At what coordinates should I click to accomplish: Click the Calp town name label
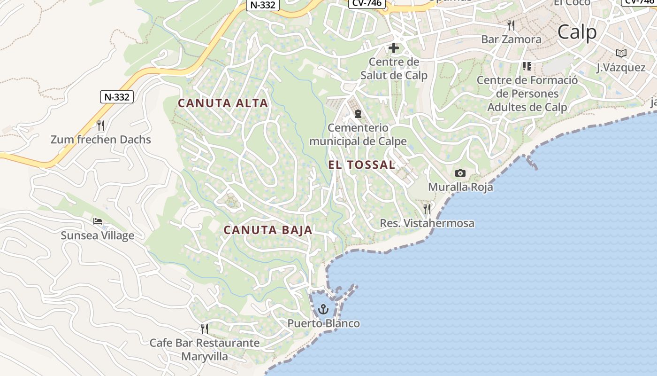pos(577,32)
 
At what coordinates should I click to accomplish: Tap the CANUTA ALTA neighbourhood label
pos(223,103)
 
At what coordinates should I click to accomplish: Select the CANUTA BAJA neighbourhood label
pos(268,230)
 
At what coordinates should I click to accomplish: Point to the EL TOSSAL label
pos(361,164)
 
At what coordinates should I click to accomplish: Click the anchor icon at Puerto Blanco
pos(323,309)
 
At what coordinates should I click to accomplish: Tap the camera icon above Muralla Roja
pos(460,173)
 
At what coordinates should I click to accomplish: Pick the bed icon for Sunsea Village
pos(98,221)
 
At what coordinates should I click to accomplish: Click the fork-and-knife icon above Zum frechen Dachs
pos(100,125)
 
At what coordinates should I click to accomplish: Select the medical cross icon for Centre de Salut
pos(394,47)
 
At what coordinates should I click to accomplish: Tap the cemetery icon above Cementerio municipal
pos(358,114)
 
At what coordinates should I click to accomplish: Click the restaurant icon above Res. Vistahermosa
pos(427,209)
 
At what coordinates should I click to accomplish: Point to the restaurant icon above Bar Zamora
pos(511,25)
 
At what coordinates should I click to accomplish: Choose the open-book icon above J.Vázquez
pos(621,53)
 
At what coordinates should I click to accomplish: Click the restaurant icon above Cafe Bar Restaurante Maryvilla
pos(205,329)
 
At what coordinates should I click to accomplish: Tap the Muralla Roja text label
pos(460,187)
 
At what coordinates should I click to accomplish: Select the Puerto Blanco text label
pos(323,323)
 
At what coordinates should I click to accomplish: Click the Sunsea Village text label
pos(98,235)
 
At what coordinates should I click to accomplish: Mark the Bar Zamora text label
pos(511,39)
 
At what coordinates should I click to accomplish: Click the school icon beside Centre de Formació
pos(527,66)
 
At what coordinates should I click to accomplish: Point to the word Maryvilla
pos(205,356)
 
